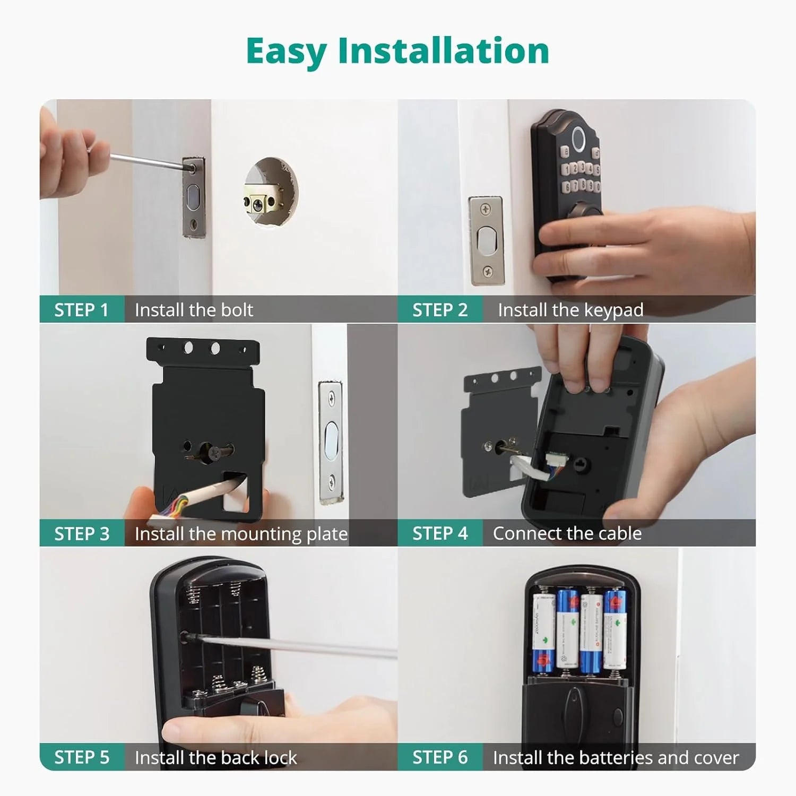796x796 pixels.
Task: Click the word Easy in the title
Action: pyautogui.click(x=286, y=51)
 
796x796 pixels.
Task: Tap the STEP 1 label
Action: pyautogui.click(x=81, y=309)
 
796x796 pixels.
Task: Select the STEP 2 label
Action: pyautogui.click(x=440, y=309)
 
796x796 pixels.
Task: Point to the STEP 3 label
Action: pyautogui.click(x=82, y=533)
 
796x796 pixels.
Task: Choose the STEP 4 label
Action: pyautogui.click(x=440, y=533)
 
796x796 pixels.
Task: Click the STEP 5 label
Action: pyautogui.click(x=82, y=757)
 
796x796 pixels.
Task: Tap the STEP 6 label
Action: pyautogui.click(x=440, y=757)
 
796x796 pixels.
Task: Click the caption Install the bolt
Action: pyautogui.click(x=194, y=309)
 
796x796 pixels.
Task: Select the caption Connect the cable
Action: pyautogui.click(x=567, y=533)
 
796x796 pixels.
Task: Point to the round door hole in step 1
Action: pyautogui.click(x=271, y=191)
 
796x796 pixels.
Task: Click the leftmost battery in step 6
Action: pyautogui.click(x=543, y=631)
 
